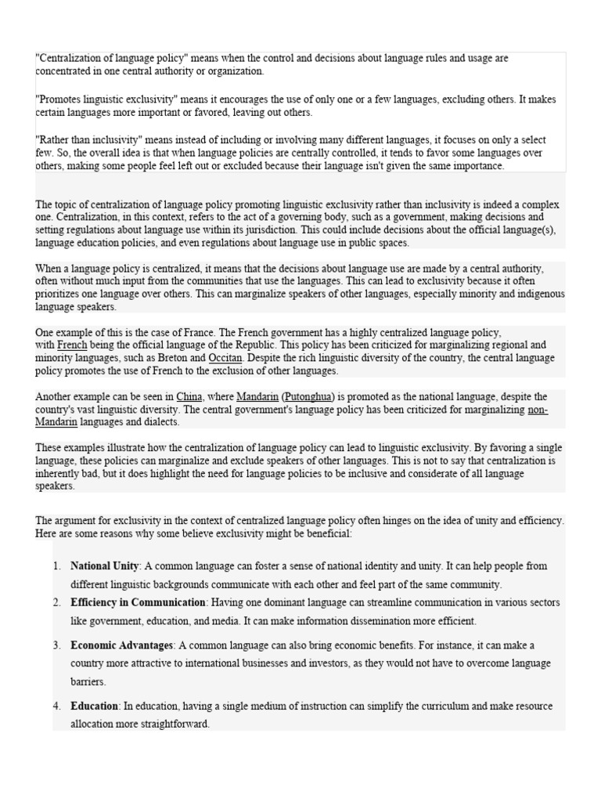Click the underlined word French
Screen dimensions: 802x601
click(72, 345)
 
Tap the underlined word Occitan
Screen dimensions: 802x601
click(224, 358)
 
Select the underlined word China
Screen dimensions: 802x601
click(189, 397)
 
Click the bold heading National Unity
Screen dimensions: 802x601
click(105, 565)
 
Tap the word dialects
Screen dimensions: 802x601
click(161, 422)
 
